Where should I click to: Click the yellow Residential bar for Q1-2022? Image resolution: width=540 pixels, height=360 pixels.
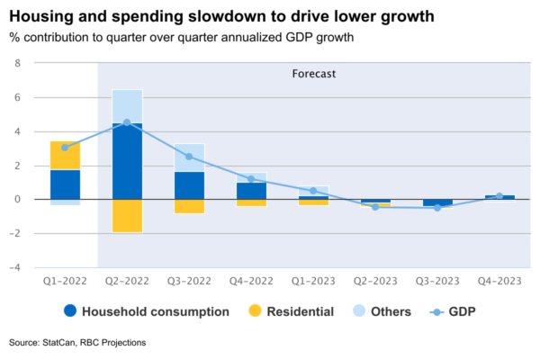65,156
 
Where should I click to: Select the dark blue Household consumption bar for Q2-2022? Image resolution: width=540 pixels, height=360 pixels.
127,161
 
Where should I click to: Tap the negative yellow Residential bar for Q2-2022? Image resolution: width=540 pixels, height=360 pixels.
127,216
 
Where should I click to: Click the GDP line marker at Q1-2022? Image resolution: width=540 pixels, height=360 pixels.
65,148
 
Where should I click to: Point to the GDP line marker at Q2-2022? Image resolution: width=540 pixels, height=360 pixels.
127,122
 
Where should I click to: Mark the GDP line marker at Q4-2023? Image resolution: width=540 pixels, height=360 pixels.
499,196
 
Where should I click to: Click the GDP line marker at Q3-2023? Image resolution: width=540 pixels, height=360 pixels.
437,208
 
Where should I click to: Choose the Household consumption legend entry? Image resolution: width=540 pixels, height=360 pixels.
136,312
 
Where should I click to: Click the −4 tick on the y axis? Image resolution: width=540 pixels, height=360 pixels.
14,267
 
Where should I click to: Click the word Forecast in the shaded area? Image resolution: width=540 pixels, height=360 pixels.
314,74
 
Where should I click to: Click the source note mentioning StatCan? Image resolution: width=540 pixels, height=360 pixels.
77,343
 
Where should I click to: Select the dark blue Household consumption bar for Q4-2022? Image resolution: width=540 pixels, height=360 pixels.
251,191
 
